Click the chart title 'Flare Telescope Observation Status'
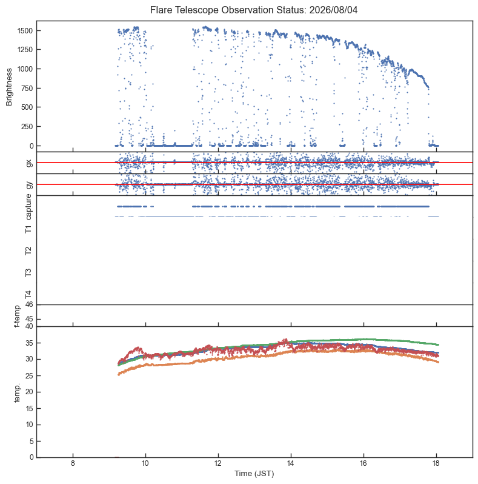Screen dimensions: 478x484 pyautogui.click(x=228, y=10)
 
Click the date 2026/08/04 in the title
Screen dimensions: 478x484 pyautogui.click(x=333, y=10)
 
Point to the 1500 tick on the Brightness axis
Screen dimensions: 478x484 pyautogui.click(x=25, y=30)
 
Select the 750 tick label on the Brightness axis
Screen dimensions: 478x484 pyautogui.click(x=27, y=88)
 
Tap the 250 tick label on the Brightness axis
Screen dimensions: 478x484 pyautogui.click(x=27, y=126)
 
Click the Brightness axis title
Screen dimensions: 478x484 pyautogui.click(x=9, y=87)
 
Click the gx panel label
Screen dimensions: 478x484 pyautogui.click(x=29, y=163)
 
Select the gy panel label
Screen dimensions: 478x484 pyautogui.click(x=29, y=184)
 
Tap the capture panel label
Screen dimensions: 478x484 pyautogui.click(x=28, y=206)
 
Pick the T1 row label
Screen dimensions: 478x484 pyautogui.click(x=28, y=229)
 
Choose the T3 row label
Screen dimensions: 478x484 pyautogui.click(x=28, y=272)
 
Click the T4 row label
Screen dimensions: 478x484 pyautogui.click(x=28, y=295)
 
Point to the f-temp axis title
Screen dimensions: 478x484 pyautogui.click(x=17, y=316)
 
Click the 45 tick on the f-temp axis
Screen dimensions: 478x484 pyautogui.click(x=29, y=319)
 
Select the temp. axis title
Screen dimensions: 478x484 pyautogui.click(x=17, y=393)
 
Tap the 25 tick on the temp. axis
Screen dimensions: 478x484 pyautogui.click(x=29, y=375)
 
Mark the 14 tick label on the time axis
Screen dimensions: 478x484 pyautogui.click(x=291, y=463)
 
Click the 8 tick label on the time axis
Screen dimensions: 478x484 pyautogui.click(x=73, y=463)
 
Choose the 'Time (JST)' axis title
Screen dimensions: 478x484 pyautogui.click(x=254, y=474)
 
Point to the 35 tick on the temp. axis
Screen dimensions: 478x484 pyautogui.click(x=29, y=343)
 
